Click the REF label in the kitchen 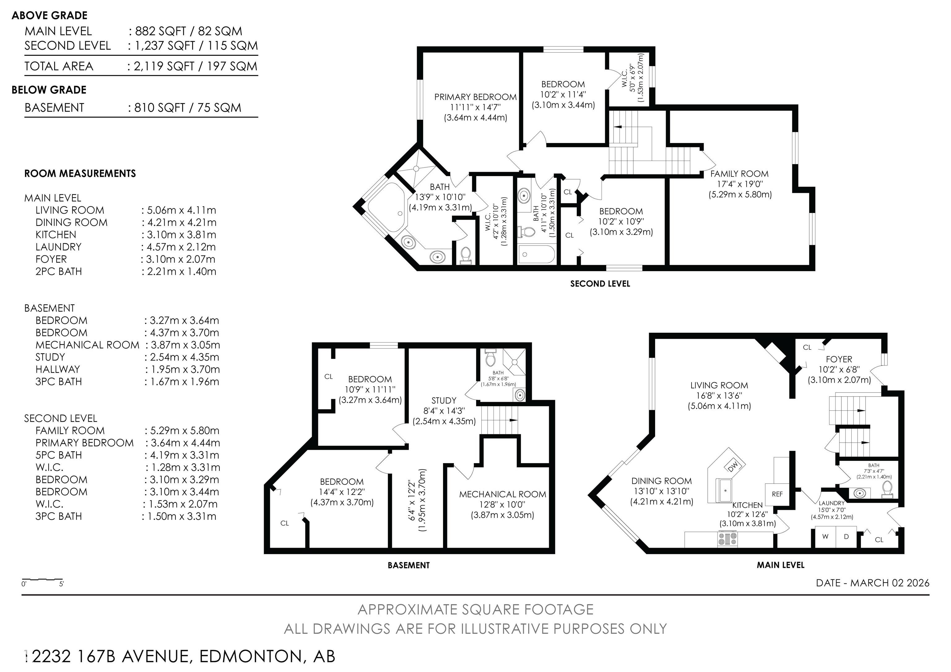pyautogui.click(x=777, y=494)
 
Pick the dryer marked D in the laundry pyautogui.click(x=846, y=537)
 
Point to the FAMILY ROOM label pyautogui.click(x=739, y=174)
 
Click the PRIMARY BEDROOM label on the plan pyautogui.click(x=475, y=97)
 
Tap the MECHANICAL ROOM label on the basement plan pyautogui.click(x=502, y=494)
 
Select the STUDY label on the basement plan pyautogui.click(x=444, y=401)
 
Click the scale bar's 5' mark pyautogui.click(x=61, y=584)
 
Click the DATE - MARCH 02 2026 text pyautogui.click(x=873, y=583)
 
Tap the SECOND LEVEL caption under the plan pyautogui.click(x=600, y=284)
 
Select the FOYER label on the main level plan pyautogui.click(x=839, y=359)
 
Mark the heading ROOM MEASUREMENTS pyautogui.click(x=80, y=173)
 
